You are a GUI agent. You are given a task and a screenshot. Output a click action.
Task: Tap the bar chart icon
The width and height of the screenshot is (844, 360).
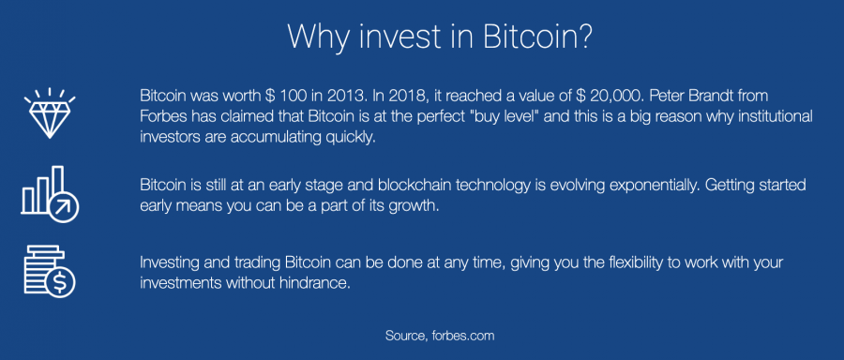pyautogui.click(x=50, y=194)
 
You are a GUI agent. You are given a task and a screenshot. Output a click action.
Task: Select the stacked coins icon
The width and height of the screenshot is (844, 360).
pyautogui.click(x=50, y=271)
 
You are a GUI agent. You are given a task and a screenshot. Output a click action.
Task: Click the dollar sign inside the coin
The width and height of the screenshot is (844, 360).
pyautogui.click(x=60, y=281)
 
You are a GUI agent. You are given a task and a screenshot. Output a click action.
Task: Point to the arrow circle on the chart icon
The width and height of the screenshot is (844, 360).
pyautogui.click(x=64, y=206)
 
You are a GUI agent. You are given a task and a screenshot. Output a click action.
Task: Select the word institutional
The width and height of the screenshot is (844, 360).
pyautogui.click(x=774, y=116)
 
